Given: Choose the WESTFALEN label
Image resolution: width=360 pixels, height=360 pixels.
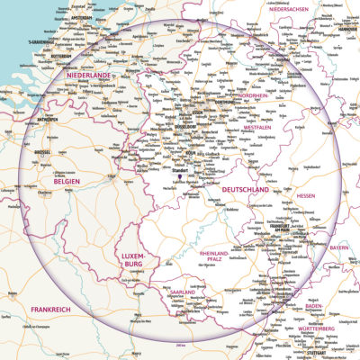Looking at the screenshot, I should click(x=258, y=129).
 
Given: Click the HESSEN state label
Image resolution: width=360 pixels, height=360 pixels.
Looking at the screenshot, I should click(x=305, y=194).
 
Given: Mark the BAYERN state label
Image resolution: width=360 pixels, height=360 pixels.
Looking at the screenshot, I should click(x=338, y=247).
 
